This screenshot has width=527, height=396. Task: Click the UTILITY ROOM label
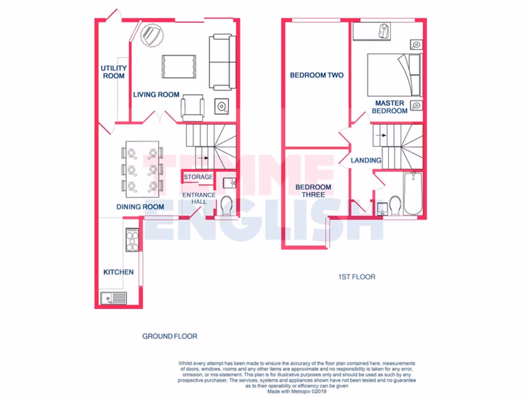114,72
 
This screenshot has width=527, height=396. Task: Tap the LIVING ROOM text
156,94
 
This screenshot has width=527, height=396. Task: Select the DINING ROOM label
140,207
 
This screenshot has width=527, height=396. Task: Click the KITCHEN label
118,272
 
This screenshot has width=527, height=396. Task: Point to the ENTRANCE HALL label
199,198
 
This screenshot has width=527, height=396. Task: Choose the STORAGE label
198,177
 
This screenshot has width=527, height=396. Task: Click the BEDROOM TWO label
317,75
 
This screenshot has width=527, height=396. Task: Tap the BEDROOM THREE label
313,191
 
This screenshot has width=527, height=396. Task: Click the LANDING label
366,160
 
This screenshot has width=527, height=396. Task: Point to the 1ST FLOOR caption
357,277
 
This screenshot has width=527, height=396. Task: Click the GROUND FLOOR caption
170,336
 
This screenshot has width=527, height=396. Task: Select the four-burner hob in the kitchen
132,240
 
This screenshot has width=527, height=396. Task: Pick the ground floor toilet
226,206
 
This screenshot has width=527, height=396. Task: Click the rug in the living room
179,67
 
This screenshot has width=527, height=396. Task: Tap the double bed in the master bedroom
394,75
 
